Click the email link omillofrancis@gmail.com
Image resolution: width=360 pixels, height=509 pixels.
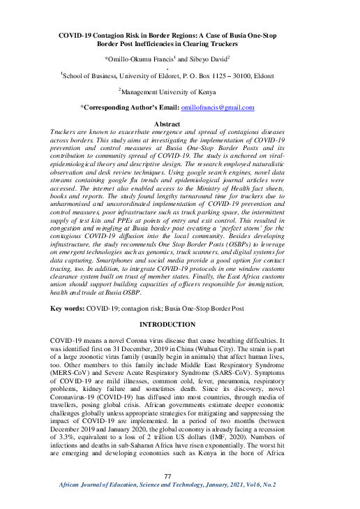pos(217,108)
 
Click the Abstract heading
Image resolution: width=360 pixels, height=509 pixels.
pos(181,123)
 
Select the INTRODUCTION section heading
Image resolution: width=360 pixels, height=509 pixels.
pos(181,325)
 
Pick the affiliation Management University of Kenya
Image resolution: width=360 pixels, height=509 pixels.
pos(183,91)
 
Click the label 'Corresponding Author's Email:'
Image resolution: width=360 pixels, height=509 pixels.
pos(130,108)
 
